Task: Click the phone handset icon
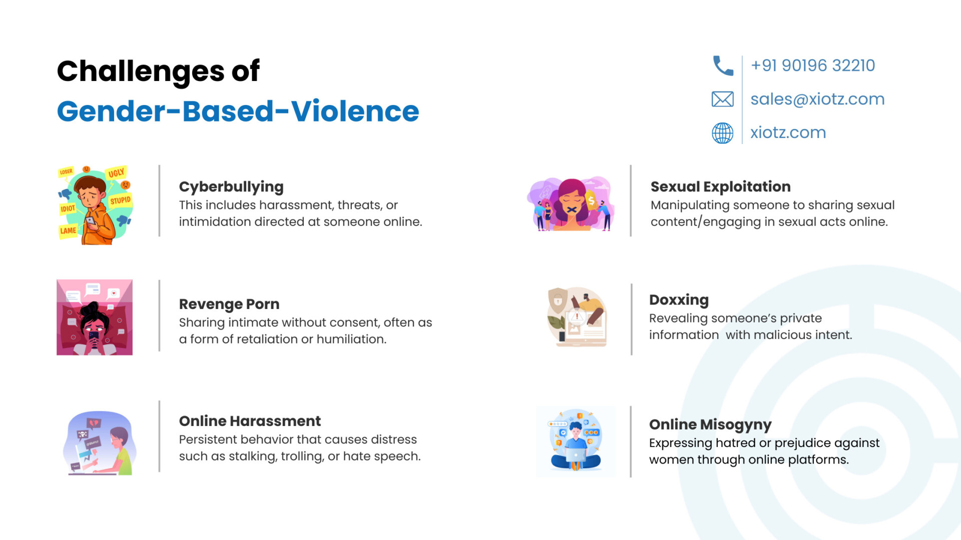tap(723, 65)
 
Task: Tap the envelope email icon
tap(723, 99)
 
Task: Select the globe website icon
tap(723, 133)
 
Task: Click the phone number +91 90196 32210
tap(813, 65)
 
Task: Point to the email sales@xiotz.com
tap(817, 99)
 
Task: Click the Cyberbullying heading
tap(231, 186)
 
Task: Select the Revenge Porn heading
tap(229, 304)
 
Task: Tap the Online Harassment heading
tap(250, 421)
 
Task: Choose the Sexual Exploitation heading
tap(721, 186)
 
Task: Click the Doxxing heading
tap(679, 300)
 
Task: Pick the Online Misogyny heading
tap(710, 424)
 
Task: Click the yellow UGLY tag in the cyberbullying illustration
tap(116, 173)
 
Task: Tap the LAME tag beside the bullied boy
tap(68, 231)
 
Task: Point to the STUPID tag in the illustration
tap(120, 200)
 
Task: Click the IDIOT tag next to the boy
tap(68, 208)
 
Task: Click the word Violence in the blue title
tap(355, 111)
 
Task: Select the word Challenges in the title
tap(141, 71)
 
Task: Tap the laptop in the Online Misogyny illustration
tap(576, 455)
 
